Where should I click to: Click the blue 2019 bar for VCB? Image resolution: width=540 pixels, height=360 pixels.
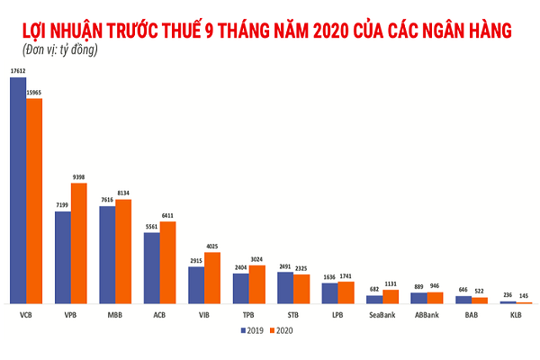[18, 190]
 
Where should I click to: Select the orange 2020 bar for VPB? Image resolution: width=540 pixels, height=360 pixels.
[79, 243]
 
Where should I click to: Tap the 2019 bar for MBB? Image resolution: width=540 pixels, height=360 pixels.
[107, 255]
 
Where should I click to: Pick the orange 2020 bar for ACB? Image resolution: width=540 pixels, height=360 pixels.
[168, 262]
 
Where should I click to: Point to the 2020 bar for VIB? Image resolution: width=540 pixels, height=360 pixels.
[212, 277]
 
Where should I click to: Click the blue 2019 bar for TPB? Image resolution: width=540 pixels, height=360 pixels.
[241, 288]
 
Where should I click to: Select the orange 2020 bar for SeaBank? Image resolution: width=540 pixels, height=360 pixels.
[391, 296]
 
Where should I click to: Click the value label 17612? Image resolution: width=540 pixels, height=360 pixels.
[18, 69]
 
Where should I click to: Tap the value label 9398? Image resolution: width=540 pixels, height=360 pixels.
[78, 177]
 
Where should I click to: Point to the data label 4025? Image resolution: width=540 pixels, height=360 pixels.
[212, 247]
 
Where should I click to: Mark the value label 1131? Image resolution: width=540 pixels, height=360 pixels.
[391, 283]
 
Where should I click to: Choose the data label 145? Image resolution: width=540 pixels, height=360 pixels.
[524, 296]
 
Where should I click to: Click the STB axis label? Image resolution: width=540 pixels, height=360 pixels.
[293, 316]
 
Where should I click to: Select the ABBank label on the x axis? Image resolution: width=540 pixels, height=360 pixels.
[427, 316]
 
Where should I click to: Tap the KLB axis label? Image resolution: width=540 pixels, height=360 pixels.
[516, 316]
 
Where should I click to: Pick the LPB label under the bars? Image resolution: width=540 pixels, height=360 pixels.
[337, 316]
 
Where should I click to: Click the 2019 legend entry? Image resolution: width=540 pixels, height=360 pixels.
[251, 331]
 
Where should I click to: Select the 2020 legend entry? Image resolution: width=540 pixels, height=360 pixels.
[284, 331]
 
